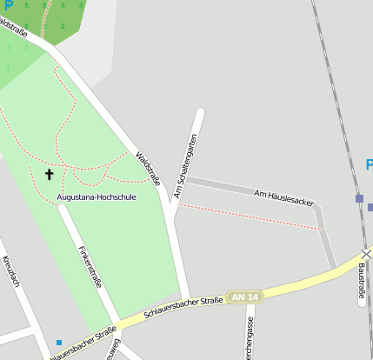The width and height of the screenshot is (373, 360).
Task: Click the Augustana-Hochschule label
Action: click(96, 197)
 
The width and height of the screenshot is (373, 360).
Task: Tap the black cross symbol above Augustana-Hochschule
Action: click(50, 175)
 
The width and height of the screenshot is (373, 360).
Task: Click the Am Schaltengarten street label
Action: click(185, 165)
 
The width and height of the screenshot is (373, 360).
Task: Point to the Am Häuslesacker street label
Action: click(283, 196)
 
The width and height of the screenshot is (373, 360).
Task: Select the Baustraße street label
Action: click(362, 282)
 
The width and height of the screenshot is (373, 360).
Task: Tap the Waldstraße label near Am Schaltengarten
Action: click(149, 169)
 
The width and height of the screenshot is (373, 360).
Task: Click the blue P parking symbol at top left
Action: click(9, 6)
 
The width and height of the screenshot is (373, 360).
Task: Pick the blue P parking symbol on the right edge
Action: click(369, 165)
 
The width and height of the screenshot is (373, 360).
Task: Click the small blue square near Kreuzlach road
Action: click(59, 343)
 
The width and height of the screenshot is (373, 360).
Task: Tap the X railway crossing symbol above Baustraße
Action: click(367, 254)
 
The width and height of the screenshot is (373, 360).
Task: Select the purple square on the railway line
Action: click(359, 199)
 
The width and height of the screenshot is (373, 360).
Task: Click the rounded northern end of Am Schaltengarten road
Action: click(200, 113)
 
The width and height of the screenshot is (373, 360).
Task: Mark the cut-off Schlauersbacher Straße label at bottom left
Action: click(83, 345)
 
